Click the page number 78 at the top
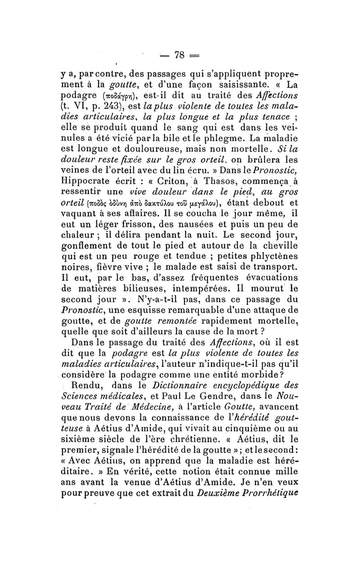(180, 55)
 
